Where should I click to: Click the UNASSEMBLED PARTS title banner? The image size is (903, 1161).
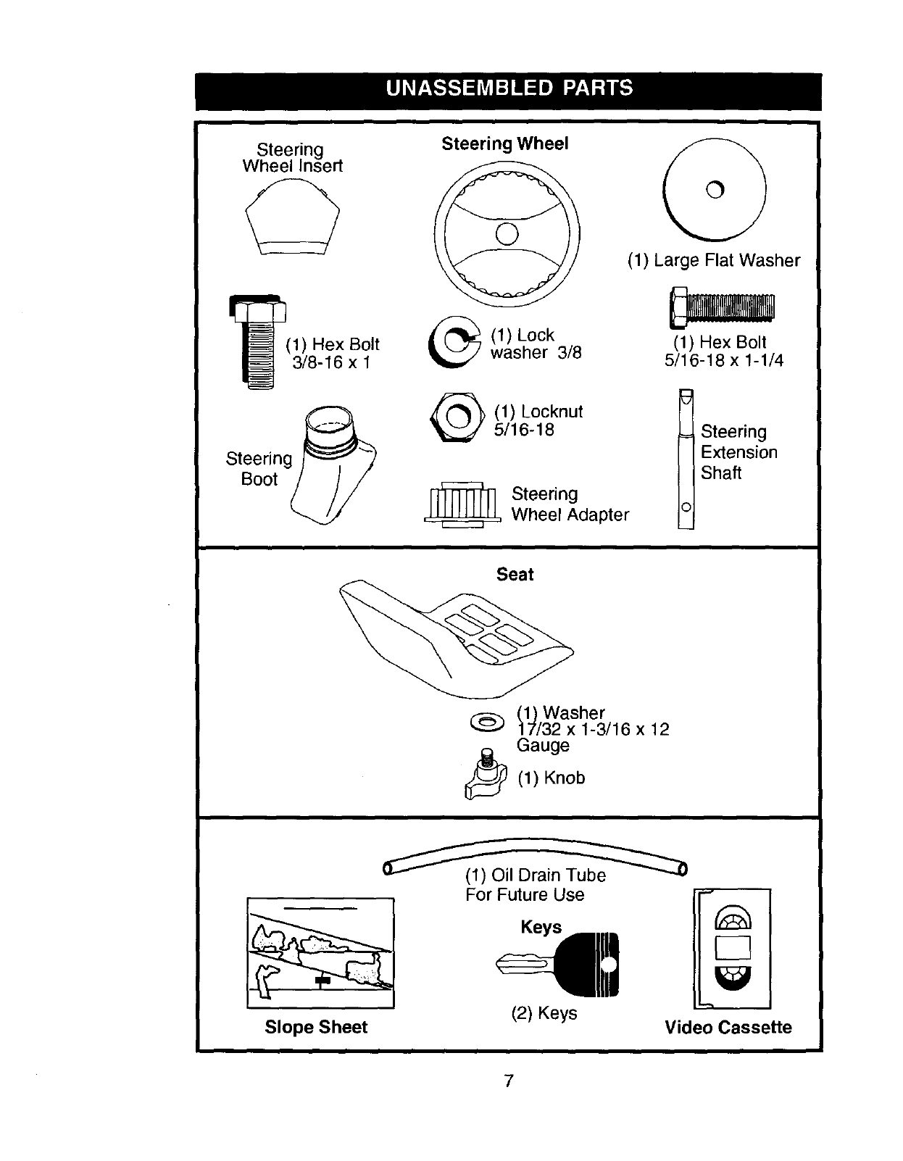[x=509, y=88]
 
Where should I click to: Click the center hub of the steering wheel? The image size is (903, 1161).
[x=507, y=233]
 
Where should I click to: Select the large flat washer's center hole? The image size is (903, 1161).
[x=715, y=190]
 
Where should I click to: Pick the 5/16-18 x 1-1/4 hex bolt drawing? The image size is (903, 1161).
[x=722, y=307]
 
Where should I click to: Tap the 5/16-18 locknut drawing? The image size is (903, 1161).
[x=457, y=417]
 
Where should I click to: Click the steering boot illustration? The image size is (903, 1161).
[x=336, y=464]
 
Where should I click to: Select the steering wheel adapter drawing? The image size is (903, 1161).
[x=462, y=502]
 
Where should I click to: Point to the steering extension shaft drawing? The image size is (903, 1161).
[x=686, y=459]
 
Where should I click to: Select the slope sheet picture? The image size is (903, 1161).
[x=320, y=952]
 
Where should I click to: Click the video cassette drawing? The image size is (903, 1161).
[x=732, y=948]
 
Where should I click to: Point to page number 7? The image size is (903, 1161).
[x=509, y=1081]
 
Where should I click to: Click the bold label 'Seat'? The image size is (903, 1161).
[x=515, y=575]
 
